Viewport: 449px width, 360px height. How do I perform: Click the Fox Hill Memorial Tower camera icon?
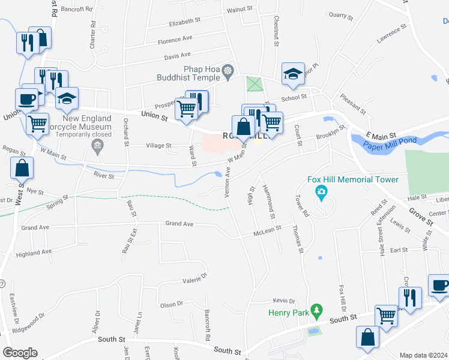(322, 192)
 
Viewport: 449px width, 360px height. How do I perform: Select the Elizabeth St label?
(184, 22)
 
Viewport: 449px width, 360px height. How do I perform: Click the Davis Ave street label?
(178, 57)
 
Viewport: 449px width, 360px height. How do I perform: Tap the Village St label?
(159, 145)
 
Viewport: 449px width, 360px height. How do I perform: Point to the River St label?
(103, 175)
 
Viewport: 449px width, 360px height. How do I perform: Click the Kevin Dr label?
(284, 301)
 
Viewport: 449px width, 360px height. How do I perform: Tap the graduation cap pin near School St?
(293, 73)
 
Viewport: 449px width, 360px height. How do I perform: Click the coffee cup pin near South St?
(439, 285)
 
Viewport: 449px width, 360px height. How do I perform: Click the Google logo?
(20, 353)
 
